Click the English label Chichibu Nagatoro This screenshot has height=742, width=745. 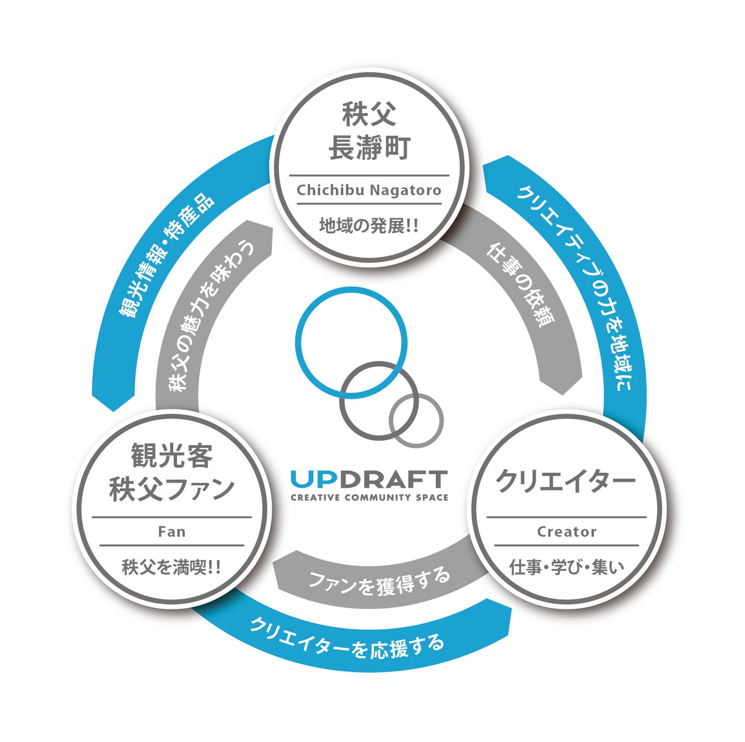click(369, 191)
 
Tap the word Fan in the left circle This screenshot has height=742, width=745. click(172, 532)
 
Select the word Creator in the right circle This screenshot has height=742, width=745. click(566, 532)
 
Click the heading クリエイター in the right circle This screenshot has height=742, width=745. click(566, 481)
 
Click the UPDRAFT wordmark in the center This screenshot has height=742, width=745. click(369, 479)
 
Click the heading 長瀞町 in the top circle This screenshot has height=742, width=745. click(370, 147)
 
